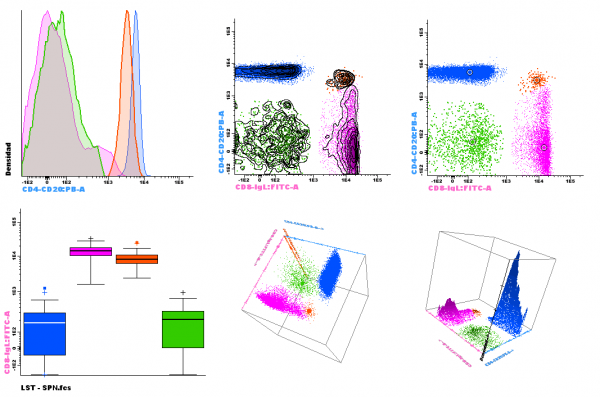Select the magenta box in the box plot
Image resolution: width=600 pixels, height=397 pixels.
(90, 251)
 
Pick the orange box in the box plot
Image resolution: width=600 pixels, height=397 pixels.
(136, 259)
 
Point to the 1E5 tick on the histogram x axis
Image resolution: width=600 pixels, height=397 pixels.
(180, 183)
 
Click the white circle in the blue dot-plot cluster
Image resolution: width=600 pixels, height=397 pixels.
(469, 72)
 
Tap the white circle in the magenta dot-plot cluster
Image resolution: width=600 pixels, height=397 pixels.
(543, 146)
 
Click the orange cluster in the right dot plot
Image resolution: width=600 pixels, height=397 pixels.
(539, 78)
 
